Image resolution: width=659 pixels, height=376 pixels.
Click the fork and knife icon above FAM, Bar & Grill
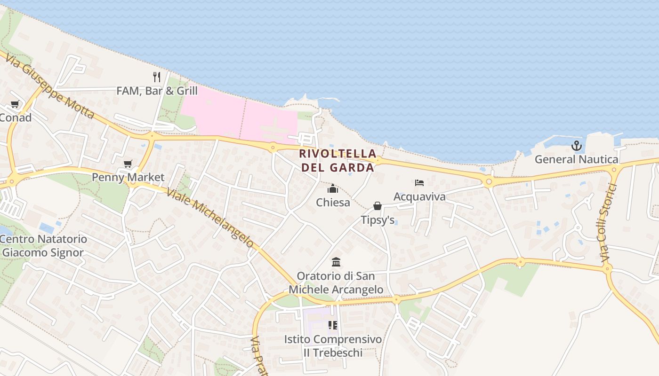[157, 77]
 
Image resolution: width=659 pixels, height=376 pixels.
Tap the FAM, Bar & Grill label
[157, 91]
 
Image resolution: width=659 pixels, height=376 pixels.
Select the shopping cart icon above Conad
[15, 104]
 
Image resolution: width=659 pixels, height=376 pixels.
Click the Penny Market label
[128, 177]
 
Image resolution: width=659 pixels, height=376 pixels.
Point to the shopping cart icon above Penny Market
[128, 164]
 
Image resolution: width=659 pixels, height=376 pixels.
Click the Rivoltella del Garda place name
[338, 160]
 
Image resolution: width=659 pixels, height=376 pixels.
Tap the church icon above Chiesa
[333, 189]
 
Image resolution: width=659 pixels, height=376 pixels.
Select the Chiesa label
[333, 203]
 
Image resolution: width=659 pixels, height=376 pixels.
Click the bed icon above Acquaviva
[419, 183]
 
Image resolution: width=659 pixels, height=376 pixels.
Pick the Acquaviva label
[419, 196]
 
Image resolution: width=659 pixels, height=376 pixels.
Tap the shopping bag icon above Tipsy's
[377, 206]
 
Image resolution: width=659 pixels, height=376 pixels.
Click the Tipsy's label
[378, 219]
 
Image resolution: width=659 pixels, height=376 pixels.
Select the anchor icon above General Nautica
[577, 146]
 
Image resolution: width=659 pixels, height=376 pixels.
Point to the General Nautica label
[577, 159]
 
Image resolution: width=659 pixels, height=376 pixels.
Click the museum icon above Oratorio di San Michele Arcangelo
[336, 262]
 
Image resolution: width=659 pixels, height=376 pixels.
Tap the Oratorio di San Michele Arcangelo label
[336, 282]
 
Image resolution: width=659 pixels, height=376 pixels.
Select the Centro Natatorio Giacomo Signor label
[43, 246]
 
